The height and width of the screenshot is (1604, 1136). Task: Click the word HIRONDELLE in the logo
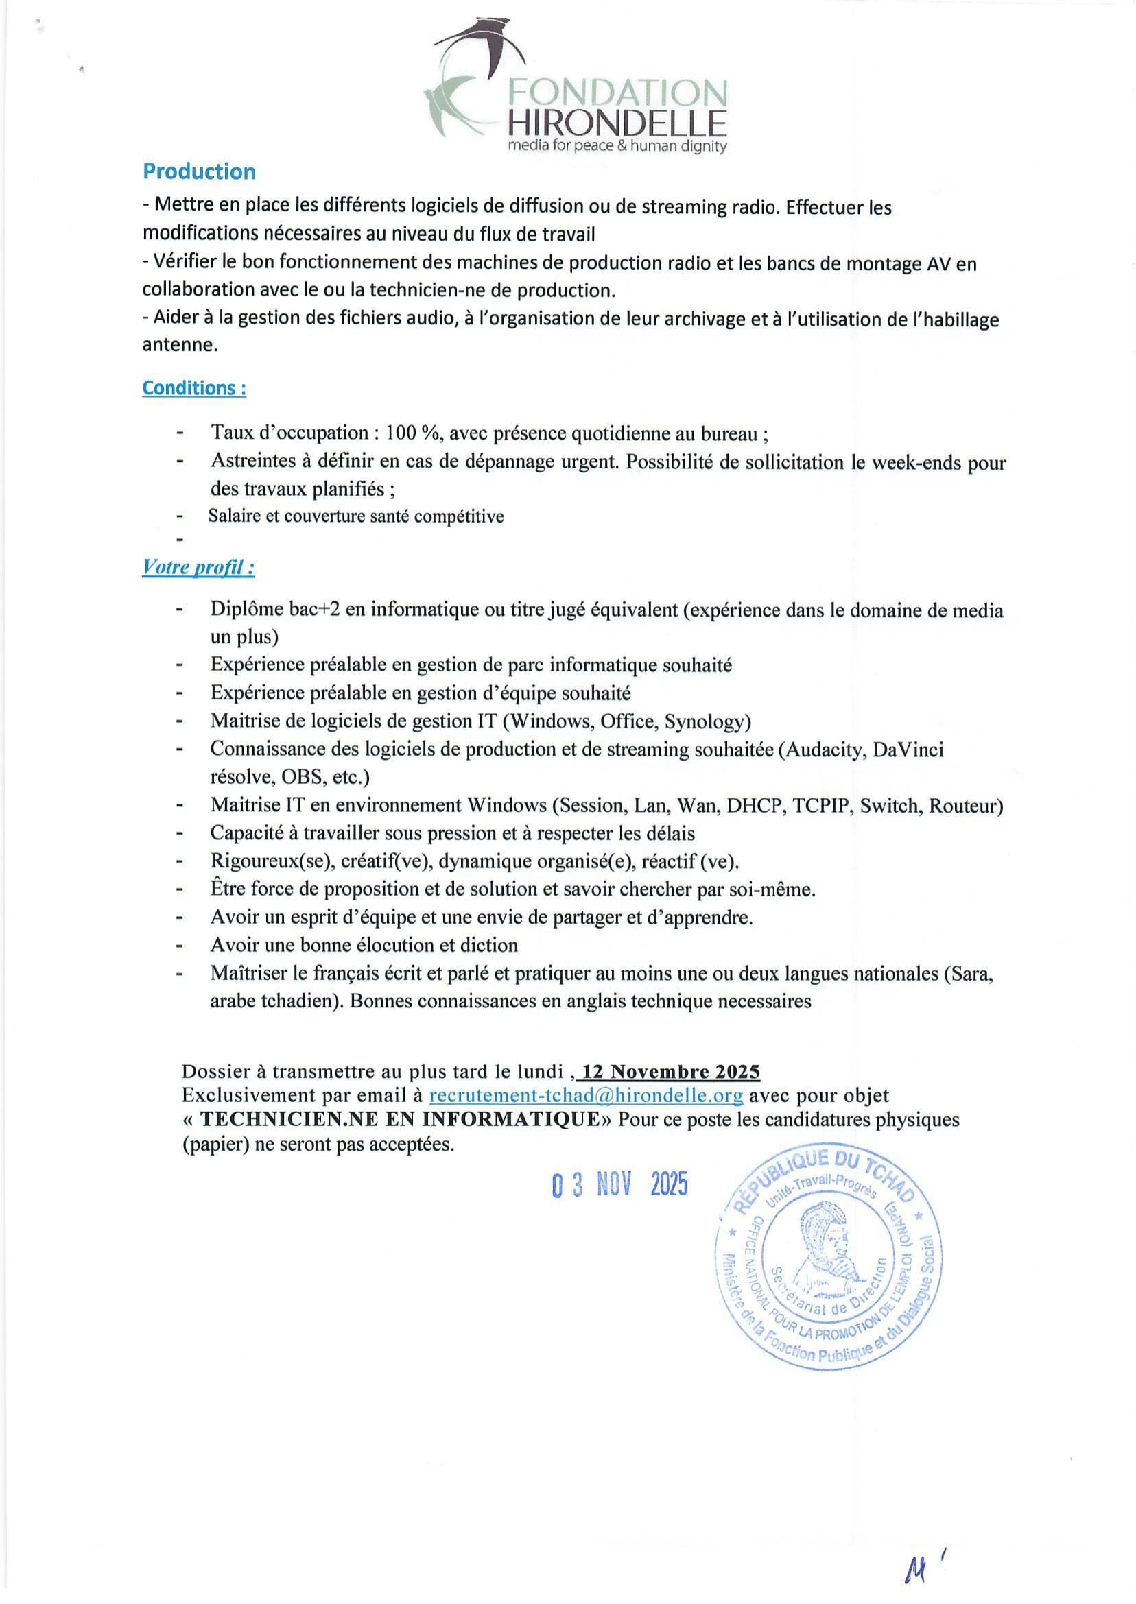(616, 124)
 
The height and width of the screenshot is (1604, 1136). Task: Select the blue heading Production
(199, 171)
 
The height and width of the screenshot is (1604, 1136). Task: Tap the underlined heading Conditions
(193, 388)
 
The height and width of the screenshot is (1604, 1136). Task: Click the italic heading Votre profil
(198, 567)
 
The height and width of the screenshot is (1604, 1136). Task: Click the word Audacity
(826, 750)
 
